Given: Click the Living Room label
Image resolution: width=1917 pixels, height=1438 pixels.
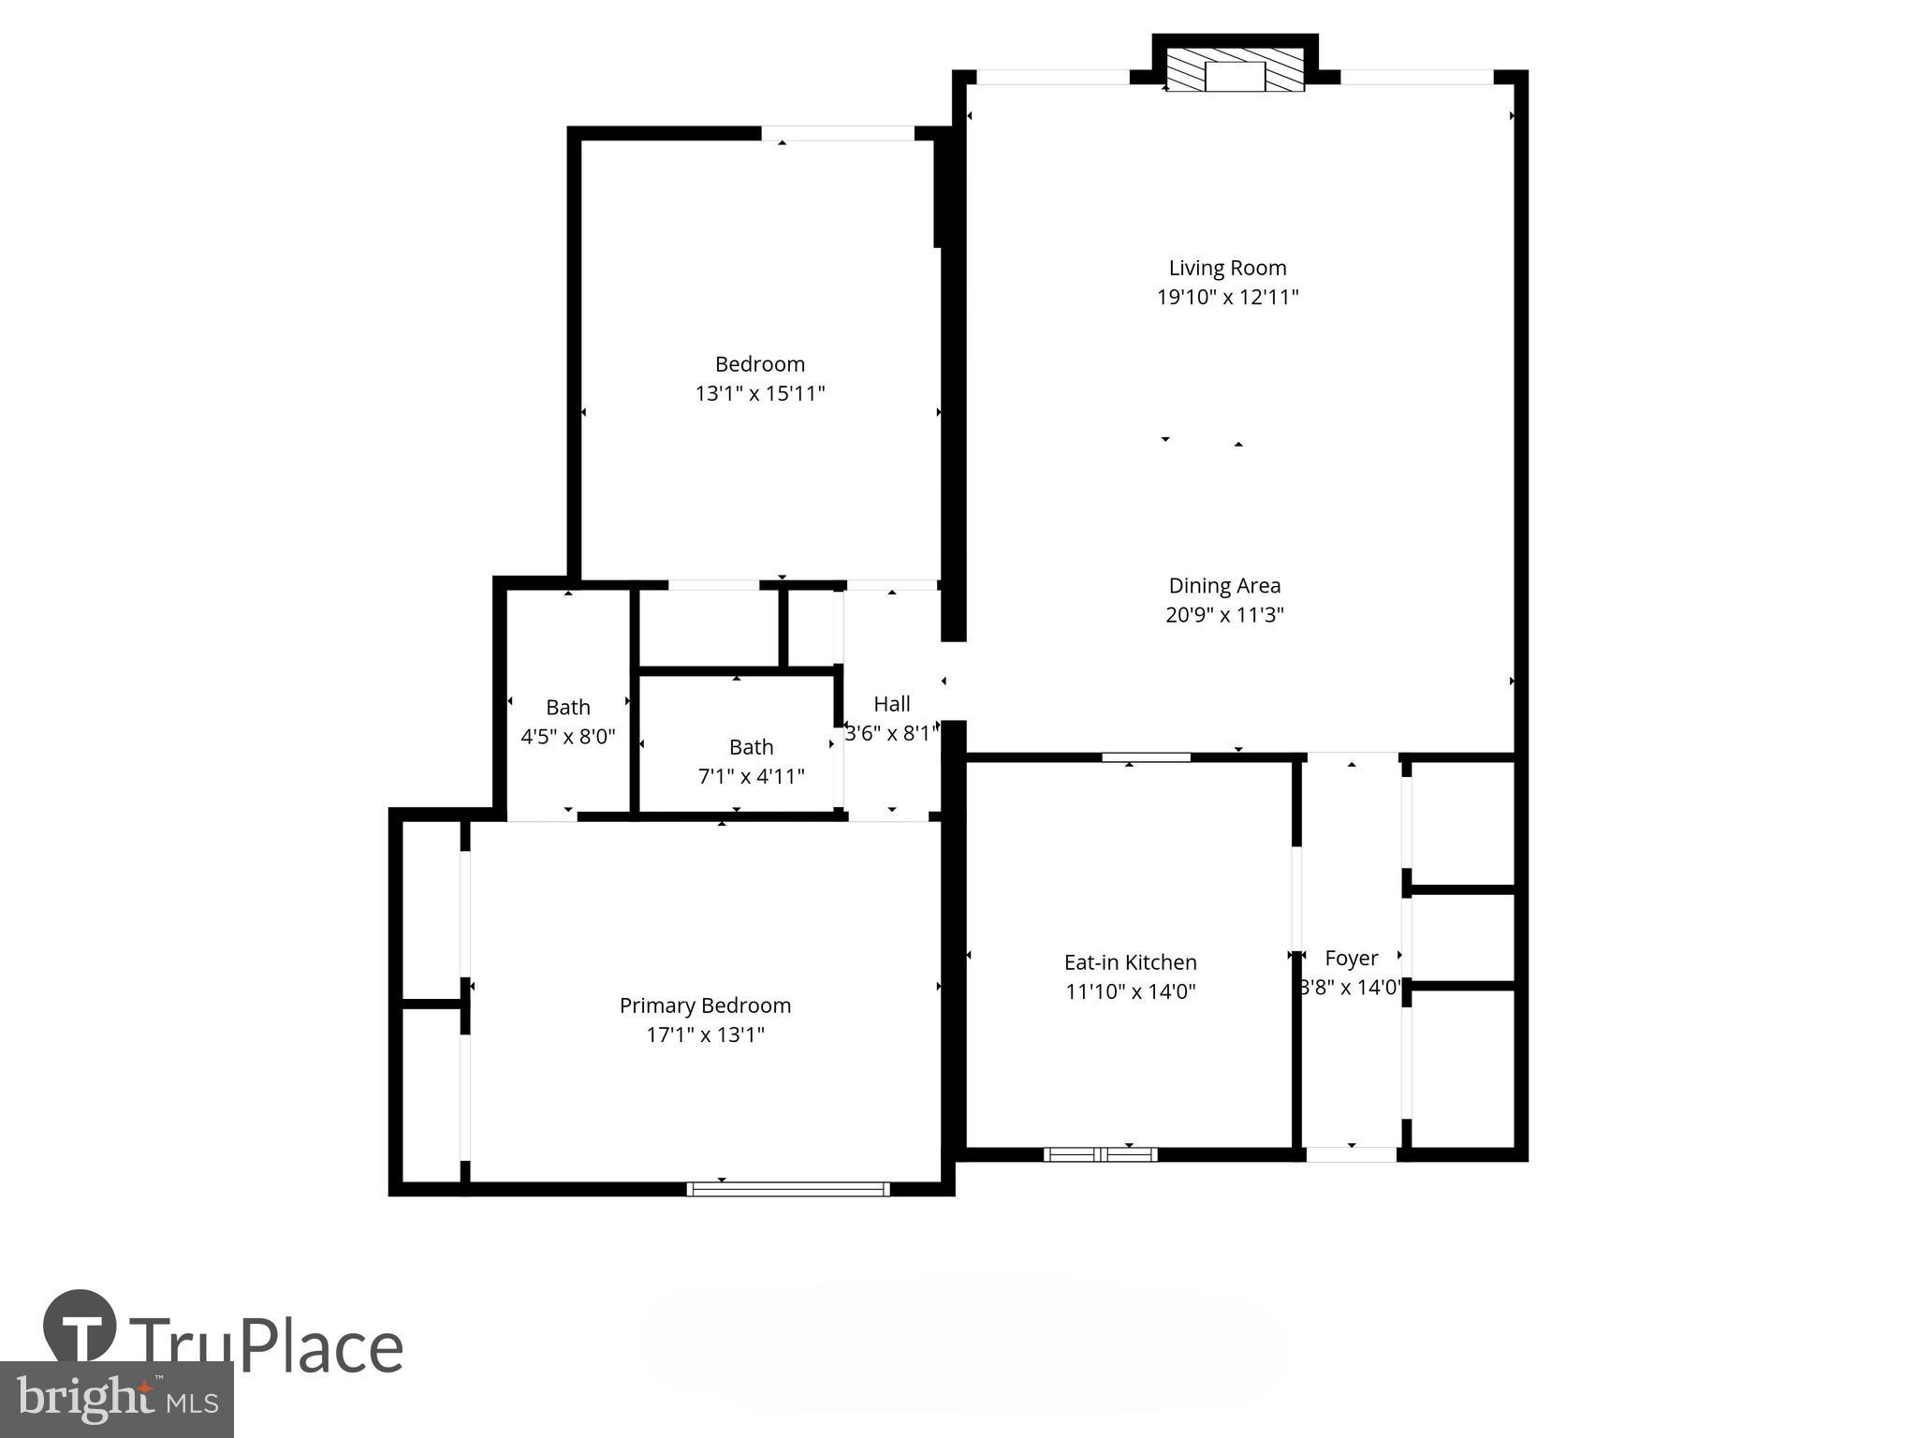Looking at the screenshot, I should (1227, 268).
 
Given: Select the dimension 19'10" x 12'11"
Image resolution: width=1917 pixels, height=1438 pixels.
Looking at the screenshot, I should (1227, 298).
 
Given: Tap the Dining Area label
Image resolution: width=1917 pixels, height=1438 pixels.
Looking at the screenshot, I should (1224, 586).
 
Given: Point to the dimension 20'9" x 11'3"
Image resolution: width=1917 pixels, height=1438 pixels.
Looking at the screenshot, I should (1224, 615).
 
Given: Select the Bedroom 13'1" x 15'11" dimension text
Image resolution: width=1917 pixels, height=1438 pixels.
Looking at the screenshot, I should (759, 393).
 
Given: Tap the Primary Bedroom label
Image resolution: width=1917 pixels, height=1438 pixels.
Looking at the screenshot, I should (705, 1005).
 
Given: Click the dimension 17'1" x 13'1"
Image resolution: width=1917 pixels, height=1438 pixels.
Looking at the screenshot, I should (705, 1034).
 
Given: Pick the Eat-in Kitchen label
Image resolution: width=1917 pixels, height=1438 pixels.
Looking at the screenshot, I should (1130, 962).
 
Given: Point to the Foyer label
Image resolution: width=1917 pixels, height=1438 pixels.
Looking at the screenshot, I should (1351, 958).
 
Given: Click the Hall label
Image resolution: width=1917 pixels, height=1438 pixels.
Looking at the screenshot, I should (891, 704).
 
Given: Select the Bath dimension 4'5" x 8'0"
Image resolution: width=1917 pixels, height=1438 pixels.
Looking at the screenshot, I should (567, 737).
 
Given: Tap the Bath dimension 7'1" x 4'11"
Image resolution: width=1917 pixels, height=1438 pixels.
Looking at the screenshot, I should (751, 776).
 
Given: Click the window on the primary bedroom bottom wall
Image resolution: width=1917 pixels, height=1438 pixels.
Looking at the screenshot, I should (788, 1189).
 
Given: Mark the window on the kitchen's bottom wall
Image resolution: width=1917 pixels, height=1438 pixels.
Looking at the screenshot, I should (1101, 1154).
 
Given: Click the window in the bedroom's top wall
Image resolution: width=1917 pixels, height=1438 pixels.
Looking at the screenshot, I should (837, 134).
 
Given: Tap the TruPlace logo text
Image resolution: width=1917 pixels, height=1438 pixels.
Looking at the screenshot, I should (267, 1346).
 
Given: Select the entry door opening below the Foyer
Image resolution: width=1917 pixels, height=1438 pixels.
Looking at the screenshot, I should (1352, 1154).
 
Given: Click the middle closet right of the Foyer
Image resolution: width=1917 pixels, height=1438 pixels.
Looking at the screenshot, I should (1463, 938).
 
